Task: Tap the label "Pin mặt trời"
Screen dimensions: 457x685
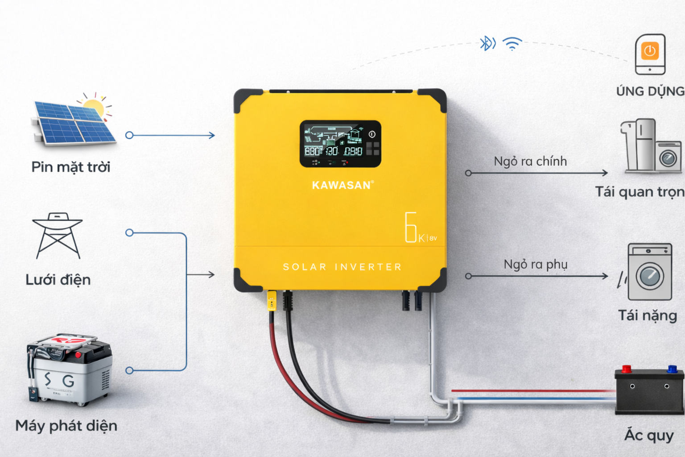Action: (70, 167)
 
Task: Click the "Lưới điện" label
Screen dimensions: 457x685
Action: (58, 280)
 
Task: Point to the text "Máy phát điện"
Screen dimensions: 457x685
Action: (66, 426)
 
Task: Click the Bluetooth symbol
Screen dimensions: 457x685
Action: (487, 43)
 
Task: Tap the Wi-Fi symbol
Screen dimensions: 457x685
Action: (512, 44)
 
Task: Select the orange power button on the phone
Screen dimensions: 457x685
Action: (650, 50)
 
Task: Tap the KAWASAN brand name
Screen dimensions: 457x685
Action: (342, 185)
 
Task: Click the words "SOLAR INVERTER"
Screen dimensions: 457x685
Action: (342, 267)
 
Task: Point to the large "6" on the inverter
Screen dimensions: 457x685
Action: (410, 227)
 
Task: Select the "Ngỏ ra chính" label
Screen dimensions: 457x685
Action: (530, 161)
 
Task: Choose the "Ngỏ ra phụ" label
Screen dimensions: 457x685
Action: (535, 264)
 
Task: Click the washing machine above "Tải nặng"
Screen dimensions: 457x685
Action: (649, 272)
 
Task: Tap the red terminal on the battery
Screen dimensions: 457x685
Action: (627, 369)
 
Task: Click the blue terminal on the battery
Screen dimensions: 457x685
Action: (672, 369)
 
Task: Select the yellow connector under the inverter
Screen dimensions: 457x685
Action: (271, 300)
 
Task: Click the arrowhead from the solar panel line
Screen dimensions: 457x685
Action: (212, 135)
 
